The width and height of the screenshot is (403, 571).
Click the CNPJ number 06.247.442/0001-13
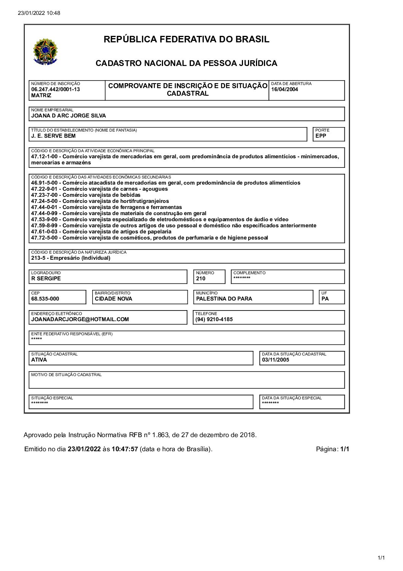56,90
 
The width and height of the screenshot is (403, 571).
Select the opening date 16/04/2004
285,90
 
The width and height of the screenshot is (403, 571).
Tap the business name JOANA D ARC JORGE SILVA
69,116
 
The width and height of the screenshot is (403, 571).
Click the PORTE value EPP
321,136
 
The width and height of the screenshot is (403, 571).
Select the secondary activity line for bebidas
86,195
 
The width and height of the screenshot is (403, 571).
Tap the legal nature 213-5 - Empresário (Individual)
71,258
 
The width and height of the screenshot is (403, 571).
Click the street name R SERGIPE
46,278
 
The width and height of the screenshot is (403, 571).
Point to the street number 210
201,278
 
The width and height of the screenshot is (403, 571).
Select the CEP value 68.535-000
45,299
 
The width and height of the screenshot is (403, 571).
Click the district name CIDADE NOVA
114,299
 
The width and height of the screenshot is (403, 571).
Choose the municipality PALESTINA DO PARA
224,299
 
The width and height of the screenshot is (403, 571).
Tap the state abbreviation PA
325,299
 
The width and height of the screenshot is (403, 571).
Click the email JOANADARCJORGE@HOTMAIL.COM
80,319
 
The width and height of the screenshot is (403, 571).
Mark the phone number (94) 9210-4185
214,319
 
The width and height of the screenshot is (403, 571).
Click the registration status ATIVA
39,360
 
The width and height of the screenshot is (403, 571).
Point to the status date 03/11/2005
276,360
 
